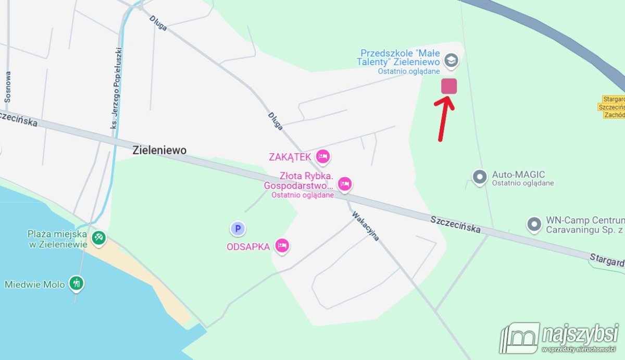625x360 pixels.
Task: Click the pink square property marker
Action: point(449,86)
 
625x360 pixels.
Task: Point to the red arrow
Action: point(444,118)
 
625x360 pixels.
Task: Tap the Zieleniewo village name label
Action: point(159,151)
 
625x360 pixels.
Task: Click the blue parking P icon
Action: point(238,228)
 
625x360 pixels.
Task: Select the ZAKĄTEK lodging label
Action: point(290,157)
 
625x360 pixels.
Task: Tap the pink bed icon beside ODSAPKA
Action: point(282,246)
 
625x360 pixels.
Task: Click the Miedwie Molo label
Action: point(35,284)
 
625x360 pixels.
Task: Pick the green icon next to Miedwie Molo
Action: point(77,284)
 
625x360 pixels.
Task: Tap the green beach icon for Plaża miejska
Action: point(98,238)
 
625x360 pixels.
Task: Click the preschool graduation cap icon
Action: point(452,60)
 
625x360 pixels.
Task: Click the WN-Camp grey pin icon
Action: point(534,225)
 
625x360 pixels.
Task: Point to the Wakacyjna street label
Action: point(366,226)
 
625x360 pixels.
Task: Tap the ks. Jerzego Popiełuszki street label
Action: point(117,89)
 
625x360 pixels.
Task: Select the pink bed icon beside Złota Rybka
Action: point(344,183)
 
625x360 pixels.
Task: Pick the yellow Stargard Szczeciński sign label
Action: point(613,107)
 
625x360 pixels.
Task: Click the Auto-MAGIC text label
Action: point(518,175)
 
